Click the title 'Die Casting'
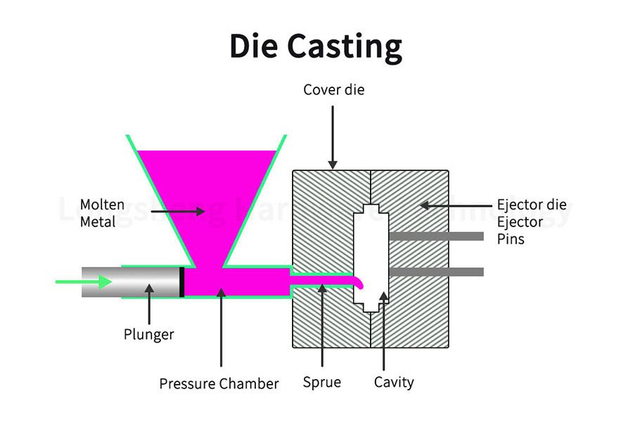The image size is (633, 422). (x=316, y=47)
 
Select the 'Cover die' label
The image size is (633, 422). (x=334, y=90)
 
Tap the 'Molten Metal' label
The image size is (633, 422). (x=102, y=212)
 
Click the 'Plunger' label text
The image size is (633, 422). (x=148, y=334)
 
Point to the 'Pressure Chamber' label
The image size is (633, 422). (x=219, y=384)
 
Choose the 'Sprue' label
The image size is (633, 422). (x=321, y=383)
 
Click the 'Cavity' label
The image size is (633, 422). (x=393, y=383)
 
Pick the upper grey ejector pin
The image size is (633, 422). (x=436, y=236)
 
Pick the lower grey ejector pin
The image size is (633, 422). (x=436, y=271)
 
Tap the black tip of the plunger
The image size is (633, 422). (x=182, y=282)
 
